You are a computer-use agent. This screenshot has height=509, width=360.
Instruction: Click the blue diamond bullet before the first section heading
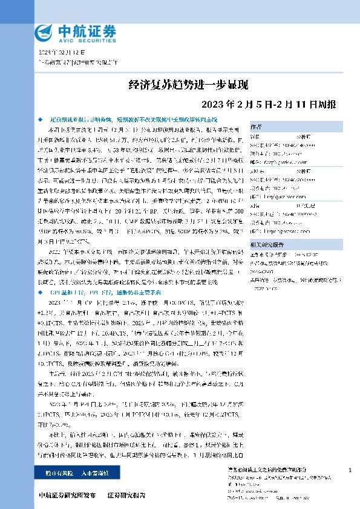point(40,121)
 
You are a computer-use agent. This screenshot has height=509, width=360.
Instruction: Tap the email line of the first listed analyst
point(296,162)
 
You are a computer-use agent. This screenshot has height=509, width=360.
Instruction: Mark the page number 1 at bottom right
point(352,470)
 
